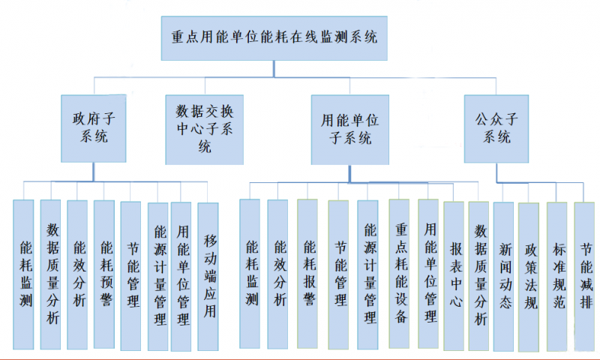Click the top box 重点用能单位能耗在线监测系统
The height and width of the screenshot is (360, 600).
click(x=274, y=38)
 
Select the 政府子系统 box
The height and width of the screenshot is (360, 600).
click(x=94, y=128)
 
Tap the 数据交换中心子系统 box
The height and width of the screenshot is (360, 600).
click(x=204, y=130)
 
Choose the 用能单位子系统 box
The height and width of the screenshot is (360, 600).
click(x=350, y=130)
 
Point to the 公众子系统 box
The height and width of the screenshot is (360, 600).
click(x=496, y=129)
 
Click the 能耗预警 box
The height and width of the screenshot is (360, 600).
click(x=104, y=274)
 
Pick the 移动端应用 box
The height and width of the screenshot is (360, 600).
click(x=208, y=277)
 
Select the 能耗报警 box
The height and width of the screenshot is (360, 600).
click(x=307, y=274)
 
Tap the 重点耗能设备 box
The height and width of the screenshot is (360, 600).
click(x=399, y=274)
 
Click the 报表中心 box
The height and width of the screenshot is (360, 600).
click(x=454, y=276)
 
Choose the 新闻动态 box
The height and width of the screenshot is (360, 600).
click(x=503, y=277)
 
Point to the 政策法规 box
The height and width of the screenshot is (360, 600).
click(x=529, y=277)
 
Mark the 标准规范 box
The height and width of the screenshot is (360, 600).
click(x=556, y=277)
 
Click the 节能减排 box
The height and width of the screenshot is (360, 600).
click(x=584, y=277)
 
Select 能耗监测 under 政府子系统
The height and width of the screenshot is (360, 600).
click(x=23, y=274)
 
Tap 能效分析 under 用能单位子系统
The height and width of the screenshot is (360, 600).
click(x=277, y=274)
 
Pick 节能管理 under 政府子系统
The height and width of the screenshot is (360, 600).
click(x=130, y=276)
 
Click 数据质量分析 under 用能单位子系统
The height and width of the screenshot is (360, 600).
click(x=478, y=276)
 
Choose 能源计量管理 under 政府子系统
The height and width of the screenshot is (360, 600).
click(x=158, y=277)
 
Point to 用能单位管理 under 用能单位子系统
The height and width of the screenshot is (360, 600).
click(x=428, y=274)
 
